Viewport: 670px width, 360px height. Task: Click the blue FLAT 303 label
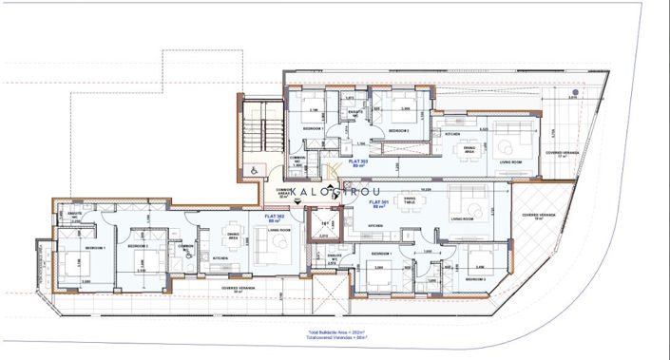358,163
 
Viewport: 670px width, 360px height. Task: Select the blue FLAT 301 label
378,204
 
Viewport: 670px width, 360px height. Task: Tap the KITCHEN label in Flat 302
220,257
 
